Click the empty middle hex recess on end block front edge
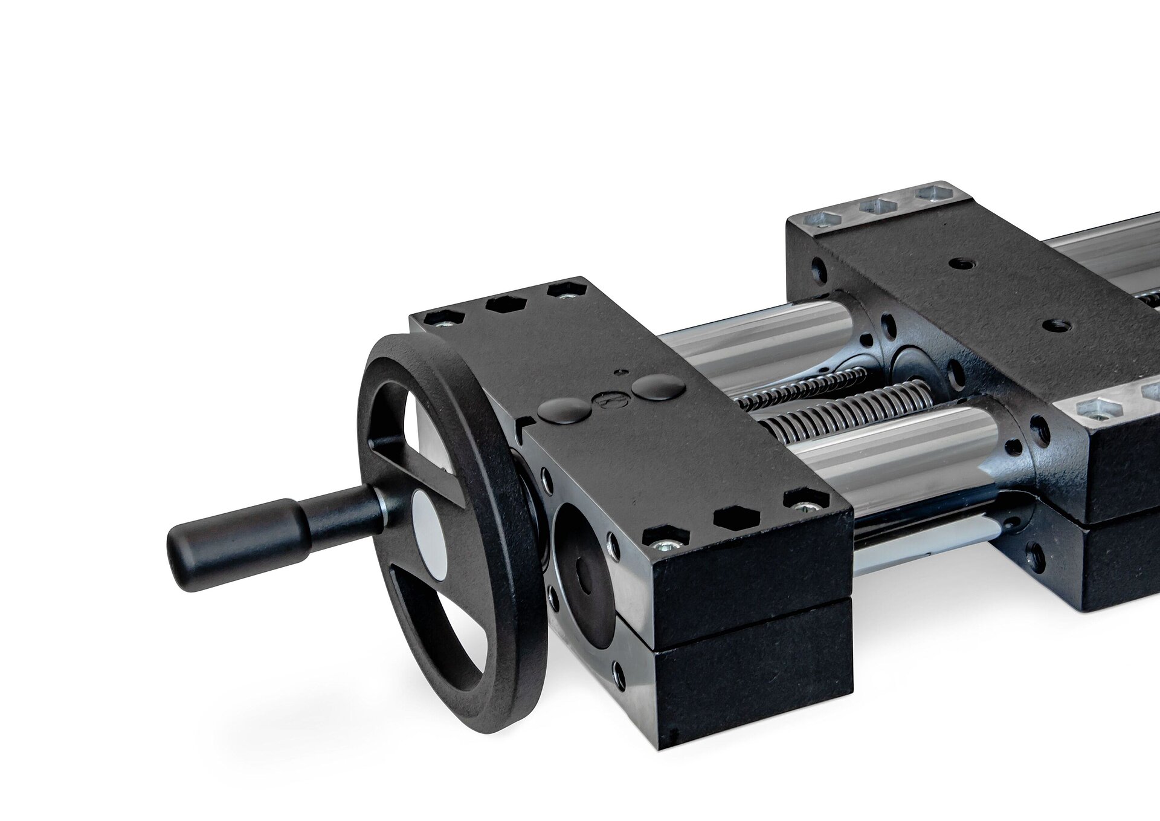[729, 518]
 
